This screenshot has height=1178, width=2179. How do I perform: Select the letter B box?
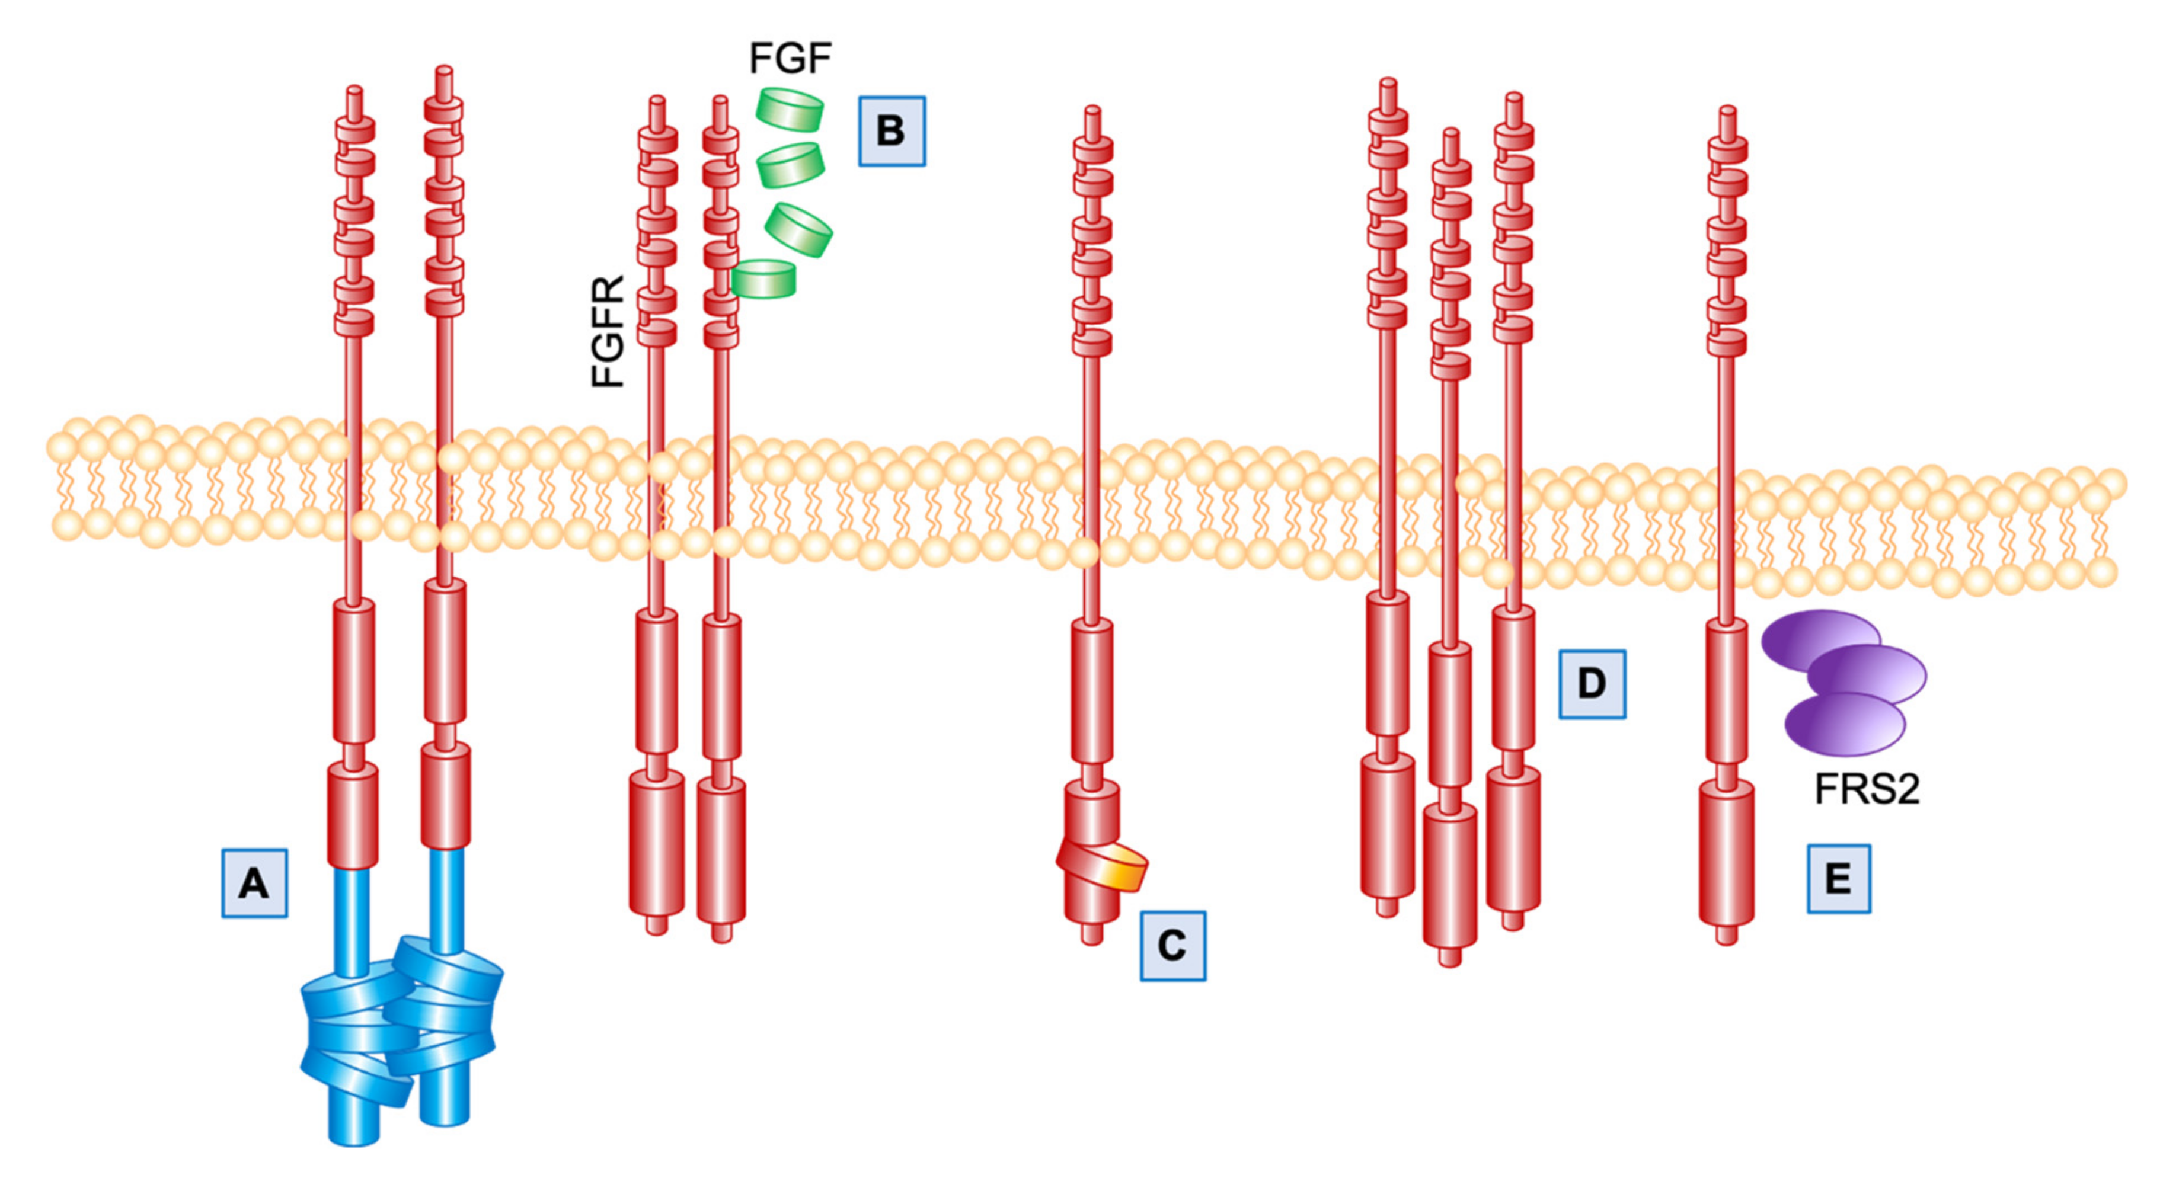click(x=892, y=131)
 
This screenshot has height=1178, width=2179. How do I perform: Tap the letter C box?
click(x=1172, y=946)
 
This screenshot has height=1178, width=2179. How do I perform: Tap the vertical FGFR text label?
click(x=608, y=331)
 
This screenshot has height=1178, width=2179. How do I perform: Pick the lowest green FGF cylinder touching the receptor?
click(x=764, y=279)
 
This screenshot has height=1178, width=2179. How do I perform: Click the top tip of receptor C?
click(x=1092, y=113)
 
